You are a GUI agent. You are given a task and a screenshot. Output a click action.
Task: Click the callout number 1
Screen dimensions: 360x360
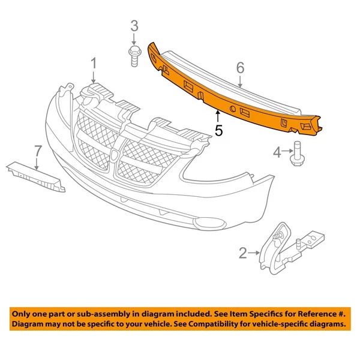(x=94, y=63)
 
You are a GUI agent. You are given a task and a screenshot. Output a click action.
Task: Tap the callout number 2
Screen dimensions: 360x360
(x=242, y=254)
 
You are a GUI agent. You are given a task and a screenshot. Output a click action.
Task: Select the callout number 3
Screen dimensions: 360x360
(x=134, y=26)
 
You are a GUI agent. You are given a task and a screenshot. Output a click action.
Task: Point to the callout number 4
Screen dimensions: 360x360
(x=277, y=154)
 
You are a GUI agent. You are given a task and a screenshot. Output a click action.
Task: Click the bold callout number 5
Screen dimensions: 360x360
(x=218, y=129)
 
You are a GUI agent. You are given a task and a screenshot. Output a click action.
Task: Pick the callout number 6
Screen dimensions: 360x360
(x=240, y=68)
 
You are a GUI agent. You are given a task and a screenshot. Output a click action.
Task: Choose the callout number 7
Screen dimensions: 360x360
(x=37, y=149)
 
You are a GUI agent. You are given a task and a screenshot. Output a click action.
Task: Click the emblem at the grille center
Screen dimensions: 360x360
(x=115, y=156)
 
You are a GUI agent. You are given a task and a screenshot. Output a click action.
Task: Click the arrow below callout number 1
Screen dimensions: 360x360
(x=94, y=76)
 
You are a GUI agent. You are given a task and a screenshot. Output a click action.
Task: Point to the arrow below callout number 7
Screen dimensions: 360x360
(x=37, y=163)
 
